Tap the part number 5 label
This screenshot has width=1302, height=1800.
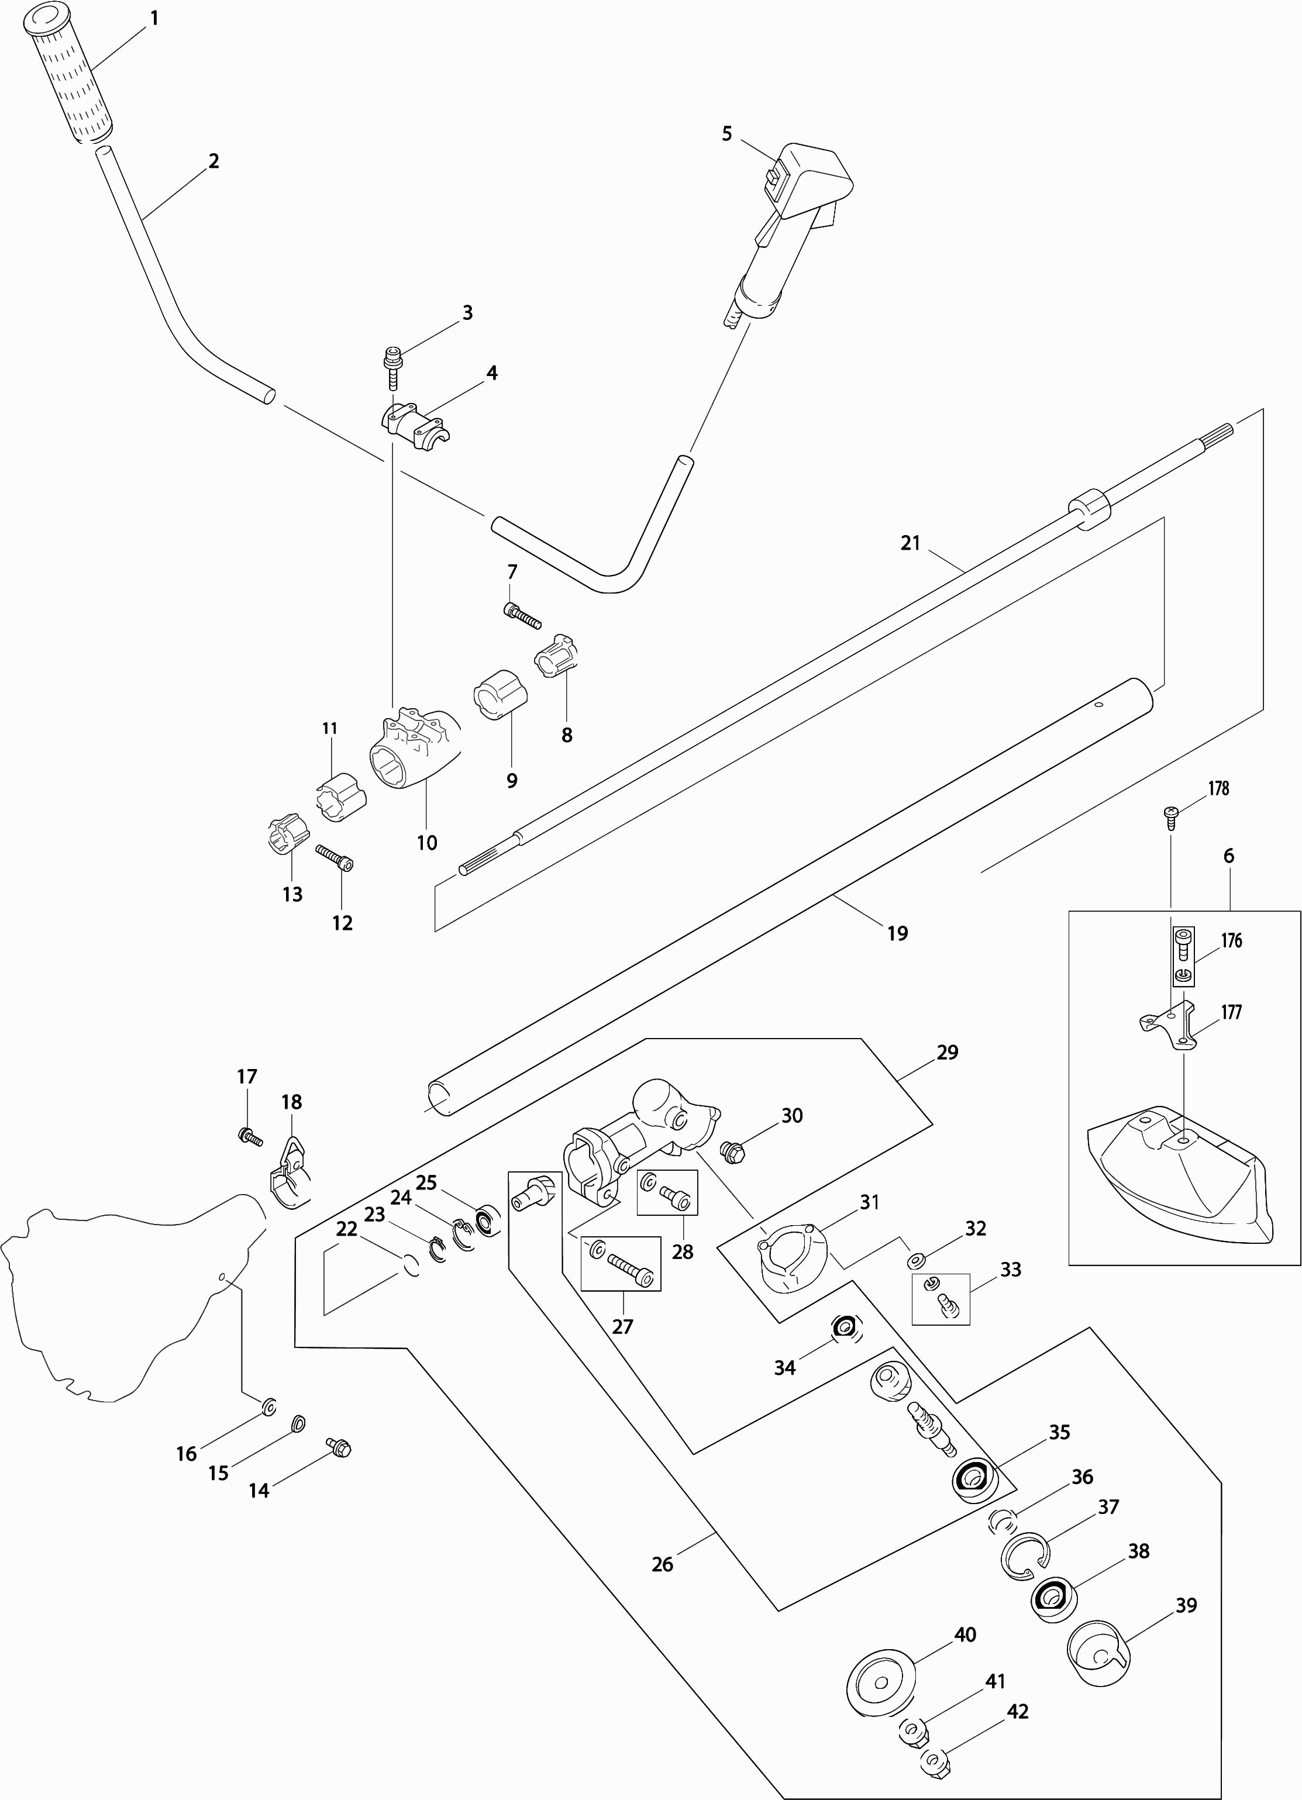(726, 134)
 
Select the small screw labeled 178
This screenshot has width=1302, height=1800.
(1171, 813)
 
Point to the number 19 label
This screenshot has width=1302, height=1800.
(897, 933)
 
